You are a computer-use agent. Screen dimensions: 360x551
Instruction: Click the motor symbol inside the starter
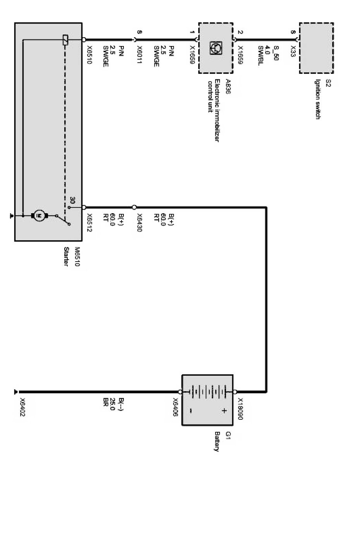[39, 216]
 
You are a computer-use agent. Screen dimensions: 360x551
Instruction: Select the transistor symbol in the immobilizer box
[216, 48]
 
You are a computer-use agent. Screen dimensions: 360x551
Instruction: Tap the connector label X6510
[89, 55]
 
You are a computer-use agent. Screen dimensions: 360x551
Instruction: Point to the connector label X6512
[89, 222]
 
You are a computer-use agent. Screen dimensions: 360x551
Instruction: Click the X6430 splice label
[139, 222]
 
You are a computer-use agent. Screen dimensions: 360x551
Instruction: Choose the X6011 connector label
[139, 55]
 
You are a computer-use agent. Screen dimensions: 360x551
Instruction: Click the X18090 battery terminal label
[240, 409]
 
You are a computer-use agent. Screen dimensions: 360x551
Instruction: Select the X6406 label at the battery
[175, 407]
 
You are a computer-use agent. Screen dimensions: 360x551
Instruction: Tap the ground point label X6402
[22, 407]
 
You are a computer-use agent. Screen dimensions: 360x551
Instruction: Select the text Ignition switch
[318, 99]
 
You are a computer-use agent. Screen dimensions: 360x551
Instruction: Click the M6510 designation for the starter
[77, 257]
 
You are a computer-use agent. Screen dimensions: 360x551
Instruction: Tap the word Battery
[216, 441]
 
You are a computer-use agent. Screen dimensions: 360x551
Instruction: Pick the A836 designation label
[228, 86]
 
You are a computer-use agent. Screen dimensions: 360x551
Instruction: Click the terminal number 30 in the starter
[72, 200]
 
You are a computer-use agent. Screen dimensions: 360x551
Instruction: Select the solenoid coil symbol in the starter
[65, 40]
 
